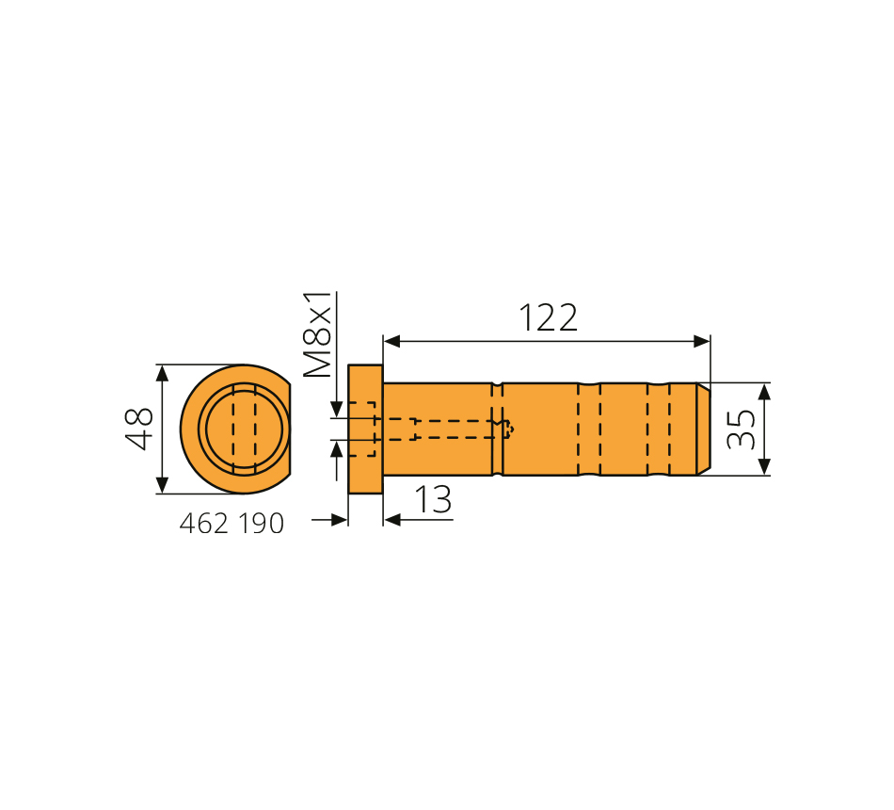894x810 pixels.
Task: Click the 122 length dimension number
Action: coord(548,318)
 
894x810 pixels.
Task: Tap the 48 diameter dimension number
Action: coord(139,429)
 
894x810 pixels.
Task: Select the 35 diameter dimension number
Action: coord(742,429)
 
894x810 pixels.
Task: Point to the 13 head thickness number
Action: coord(433,499)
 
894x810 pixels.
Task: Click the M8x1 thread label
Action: coord(317,334)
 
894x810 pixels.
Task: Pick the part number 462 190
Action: coord(231,524)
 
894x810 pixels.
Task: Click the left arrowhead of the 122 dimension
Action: coord(391,341)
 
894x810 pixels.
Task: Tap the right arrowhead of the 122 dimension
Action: coord(702,341)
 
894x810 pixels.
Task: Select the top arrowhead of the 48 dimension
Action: coord(163,373)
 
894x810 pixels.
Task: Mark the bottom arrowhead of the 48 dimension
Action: coord(163,485)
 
